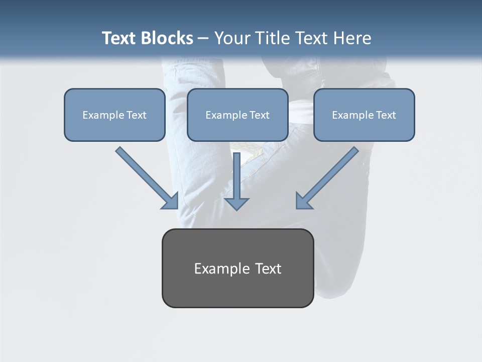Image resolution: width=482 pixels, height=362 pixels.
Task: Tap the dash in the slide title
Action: (x=203, y=39)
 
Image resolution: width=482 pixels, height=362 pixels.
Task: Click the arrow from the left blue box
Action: (x=148, y=178)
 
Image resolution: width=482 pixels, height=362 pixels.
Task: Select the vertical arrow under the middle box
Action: (x=236, y=181)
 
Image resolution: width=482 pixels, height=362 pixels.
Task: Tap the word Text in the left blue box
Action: (x=137, y=115)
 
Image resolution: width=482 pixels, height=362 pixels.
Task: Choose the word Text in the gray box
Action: (x=269, y=268)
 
